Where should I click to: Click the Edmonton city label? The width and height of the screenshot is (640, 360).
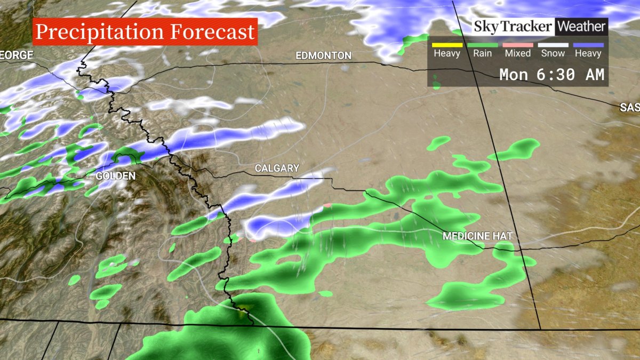tap(323, 56)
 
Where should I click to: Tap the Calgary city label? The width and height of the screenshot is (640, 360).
tap(277, 169)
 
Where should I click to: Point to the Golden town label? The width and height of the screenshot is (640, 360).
tap(115, 176)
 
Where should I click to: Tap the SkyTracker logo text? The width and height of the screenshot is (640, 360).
tap(514, 26)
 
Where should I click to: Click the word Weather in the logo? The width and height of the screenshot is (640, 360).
tap(581, 26)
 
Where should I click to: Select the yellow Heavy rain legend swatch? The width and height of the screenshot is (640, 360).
tap(447, 45)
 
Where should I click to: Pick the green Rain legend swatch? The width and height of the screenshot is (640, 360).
tap(482, 45)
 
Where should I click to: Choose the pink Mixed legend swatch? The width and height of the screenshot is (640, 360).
tap(518, 45)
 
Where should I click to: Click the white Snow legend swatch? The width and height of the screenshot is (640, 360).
tap(553, 45)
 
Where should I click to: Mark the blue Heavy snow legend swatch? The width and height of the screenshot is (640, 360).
tap(588, 45)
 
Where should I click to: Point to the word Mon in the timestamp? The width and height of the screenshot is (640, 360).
tap(514, 75)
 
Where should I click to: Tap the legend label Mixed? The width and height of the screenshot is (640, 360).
tap(518, 53)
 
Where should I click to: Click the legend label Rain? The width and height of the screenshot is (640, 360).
tap(482, 53)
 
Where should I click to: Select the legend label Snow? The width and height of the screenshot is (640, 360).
tap(553, 53)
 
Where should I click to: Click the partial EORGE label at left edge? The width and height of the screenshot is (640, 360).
tap(17, 55)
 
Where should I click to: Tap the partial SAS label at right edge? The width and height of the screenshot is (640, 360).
tap(630, 108)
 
